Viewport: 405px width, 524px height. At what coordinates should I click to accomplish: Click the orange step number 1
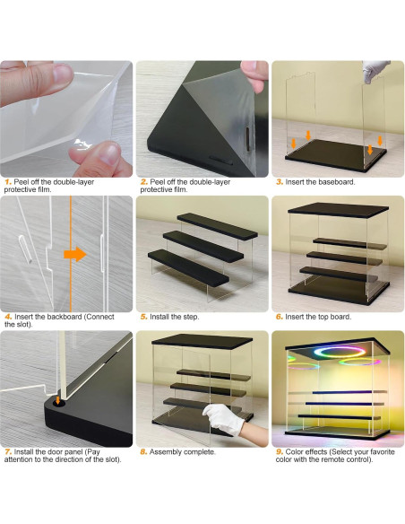point(8,182)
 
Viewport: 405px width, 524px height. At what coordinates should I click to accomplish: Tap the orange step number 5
point(143,317)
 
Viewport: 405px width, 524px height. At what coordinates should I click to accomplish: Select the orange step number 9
point(280,452)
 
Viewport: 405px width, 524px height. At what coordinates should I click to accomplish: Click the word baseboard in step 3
point(336,182)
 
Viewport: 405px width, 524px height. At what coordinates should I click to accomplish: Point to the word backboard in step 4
point(65,317)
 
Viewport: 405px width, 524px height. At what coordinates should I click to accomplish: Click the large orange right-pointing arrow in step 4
point(75,254)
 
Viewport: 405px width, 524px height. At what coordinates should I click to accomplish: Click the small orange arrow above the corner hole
point(58,400)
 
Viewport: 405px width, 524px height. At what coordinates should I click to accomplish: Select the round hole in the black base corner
point(59,404)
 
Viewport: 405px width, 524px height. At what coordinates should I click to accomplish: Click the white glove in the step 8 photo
point(224,419)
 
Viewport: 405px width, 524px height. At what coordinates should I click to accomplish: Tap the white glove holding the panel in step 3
point(375,71)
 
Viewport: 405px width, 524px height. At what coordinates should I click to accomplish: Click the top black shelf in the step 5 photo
point(217,226)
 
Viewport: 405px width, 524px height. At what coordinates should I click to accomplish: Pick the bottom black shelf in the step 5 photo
point(188,267)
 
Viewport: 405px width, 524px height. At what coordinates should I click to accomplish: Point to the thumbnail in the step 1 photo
point(63,73)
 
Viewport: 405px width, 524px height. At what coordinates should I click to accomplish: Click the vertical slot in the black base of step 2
point(248,138)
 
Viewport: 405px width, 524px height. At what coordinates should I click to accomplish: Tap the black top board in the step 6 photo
point(338,210)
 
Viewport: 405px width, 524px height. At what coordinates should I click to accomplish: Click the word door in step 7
point(56,452)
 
